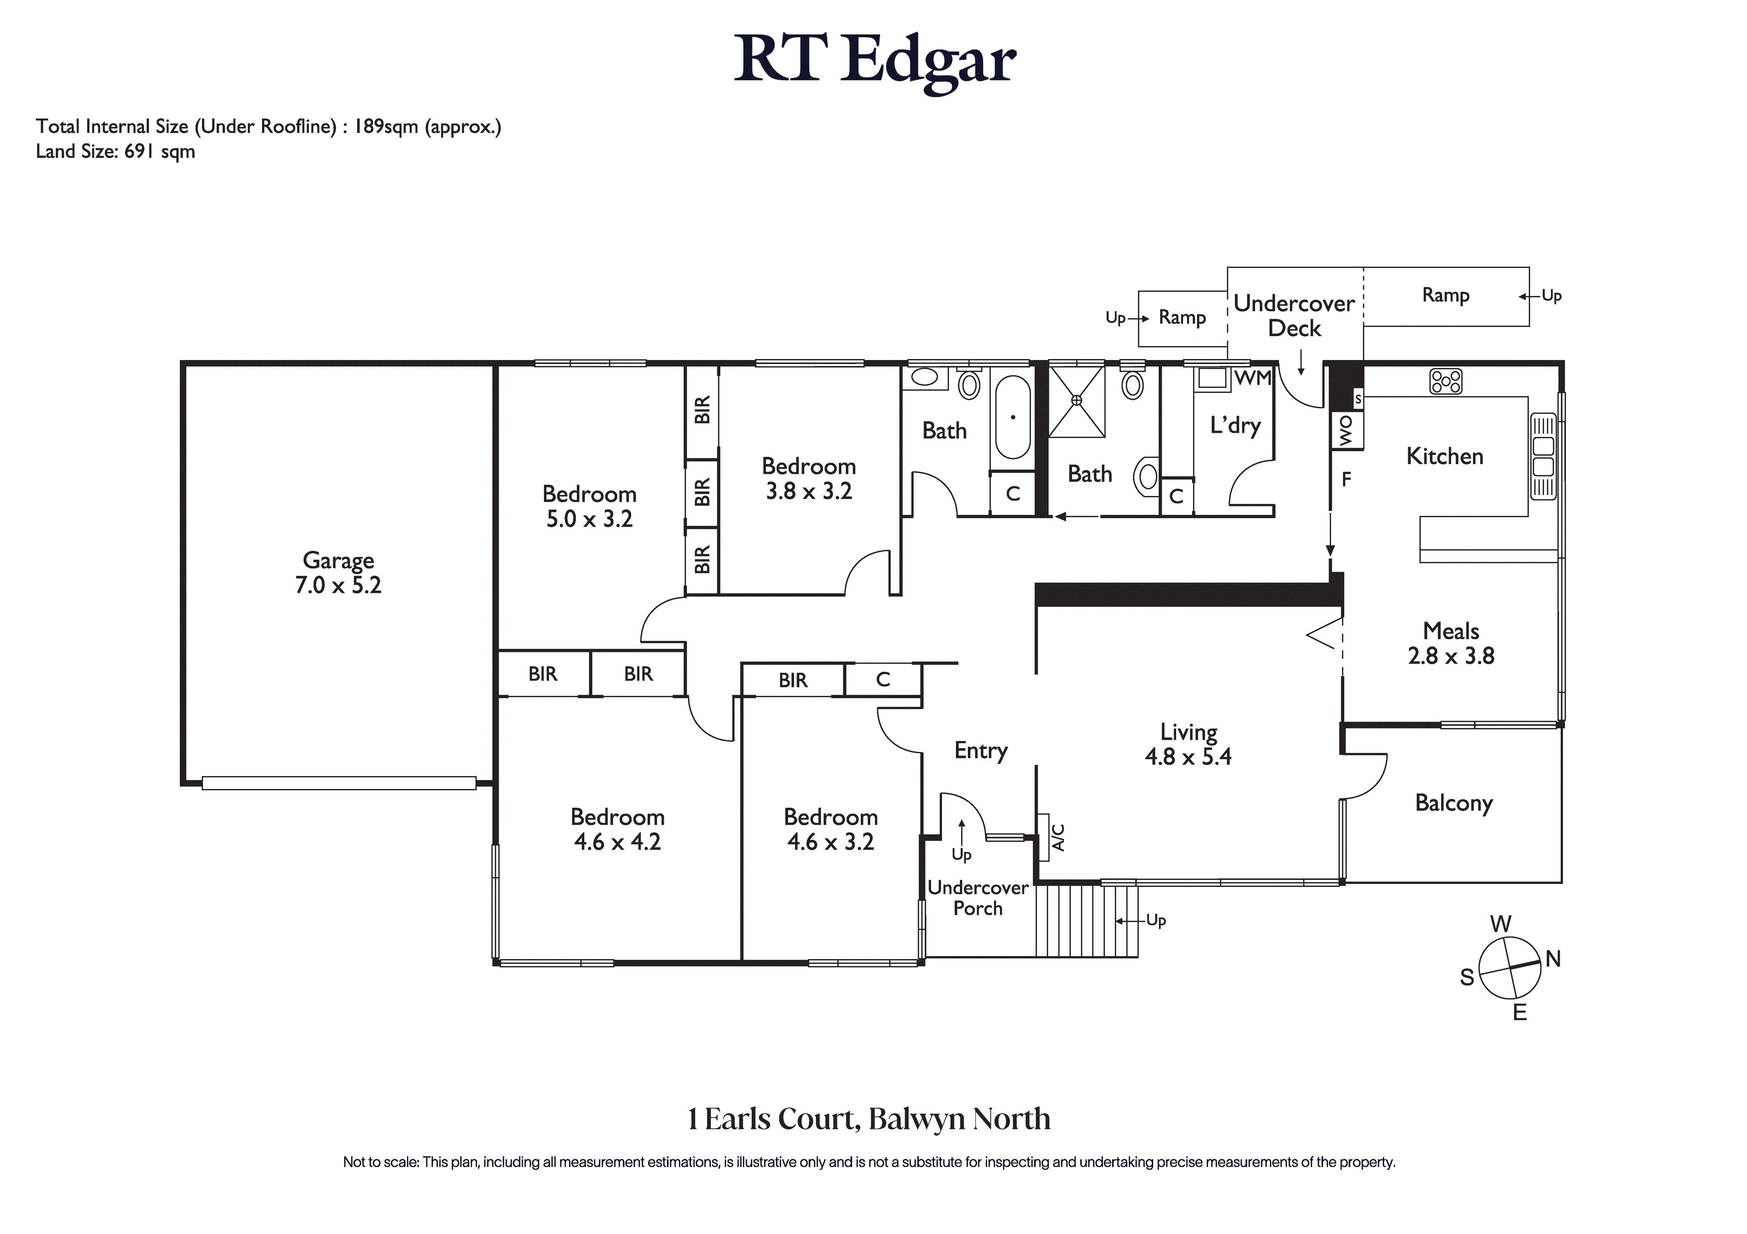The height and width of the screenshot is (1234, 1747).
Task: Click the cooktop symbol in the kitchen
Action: click(x=1446, y=381)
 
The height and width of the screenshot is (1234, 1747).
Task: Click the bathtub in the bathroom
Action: click(x=1013, y=417)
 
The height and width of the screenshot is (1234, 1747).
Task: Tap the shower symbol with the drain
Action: click(x=1076, y=401)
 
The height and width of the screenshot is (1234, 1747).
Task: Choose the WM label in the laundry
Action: click(x=1252, y=377)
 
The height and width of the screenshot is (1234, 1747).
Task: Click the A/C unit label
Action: click(x=1058, y=837)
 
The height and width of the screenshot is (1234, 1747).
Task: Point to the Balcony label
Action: click(x=1453, y=803)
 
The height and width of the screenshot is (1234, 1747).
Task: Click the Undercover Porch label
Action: click(x=978, y=898)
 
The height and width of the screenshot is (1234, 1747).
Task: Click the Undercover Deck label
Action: click(x=1294, y=316)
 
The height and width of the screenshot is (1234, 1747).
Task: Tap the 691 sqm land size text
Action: click(x=160, y=151)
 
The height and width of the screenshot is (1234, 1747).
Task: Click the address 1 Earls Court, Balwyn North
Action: click(x=869, y=1119)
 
